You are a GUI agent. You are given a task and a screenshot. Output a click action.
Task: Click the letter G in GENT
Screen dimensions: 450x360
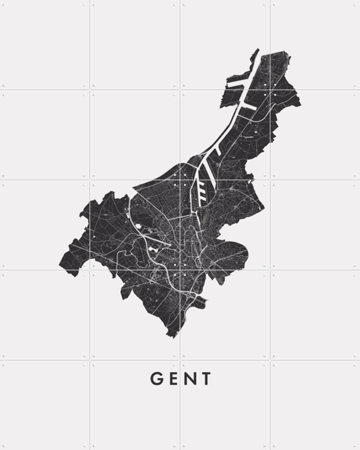(157, 379)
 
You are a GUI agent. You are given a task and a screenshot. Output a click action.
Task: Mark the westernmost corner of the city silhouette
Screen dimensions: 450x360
(60, 264)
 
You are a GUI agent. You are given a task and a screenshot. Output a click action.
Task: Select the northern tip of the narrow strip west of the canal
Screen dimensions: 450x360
(257, 49)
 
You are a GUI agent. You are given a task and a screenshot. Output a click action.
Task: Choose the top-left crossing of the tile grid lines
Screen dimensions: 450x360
(90, 90)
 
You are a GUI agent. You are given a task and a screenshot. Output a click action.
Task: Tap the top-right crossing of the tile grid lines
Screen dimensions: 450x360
(270, 90)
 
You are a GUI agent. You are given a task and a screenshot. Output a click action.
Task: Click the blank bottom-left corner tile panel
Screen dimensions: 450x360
(45, 405)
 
